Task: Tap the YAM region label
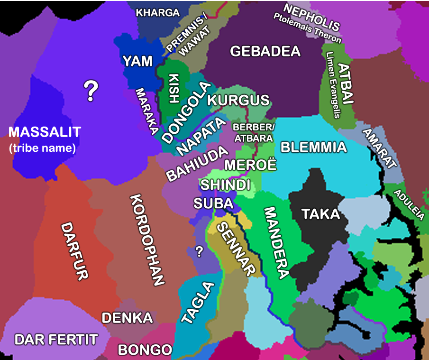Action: [138, 61]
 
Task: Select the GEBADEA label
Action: [265, 51]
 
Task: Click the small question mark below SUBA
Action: [199, 251]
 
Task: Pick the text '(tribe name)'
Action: [43, 148]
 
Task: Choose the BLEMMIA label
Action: [313, 148]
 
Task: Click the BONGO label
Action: [145, 350]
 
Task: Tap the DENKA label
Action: [127, 318]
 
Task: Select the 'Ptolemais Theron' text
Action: [307, 29]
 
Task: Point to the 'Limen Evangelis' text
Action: [334, 85]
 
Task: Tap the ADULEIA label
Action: [409, 205]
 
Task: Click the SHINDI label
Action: [225, 185]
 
